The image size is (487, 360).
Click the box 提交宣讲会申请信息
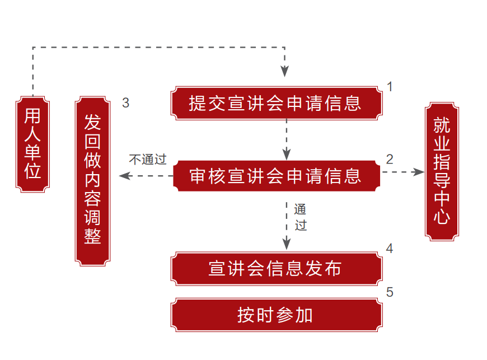276,103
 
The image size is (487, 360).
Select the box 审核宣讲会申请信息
276,176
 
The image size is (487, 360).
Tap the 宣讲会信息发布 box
276,268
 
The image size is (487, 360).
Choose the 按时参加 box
276,315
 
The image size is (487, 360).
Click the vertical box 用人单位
33,144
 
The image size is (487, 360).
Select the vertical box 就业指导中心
442,171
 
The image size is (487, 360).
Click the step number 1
390,87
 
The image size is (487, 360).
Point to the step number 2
390,159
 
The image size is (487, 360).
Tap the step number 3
125,103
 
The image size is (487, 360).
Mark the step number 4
390,249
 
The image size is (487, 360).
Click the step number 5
390,292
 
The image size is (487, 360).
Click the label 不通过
148,160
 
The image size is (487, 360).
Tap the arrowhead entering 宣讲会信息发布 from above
286,244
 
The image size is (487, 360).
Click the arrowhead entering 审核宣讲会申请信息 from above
286,154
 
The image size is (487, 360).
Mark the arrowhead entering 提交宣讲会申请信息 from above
285,72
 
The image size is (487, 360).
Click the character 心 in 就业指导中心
442,217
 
